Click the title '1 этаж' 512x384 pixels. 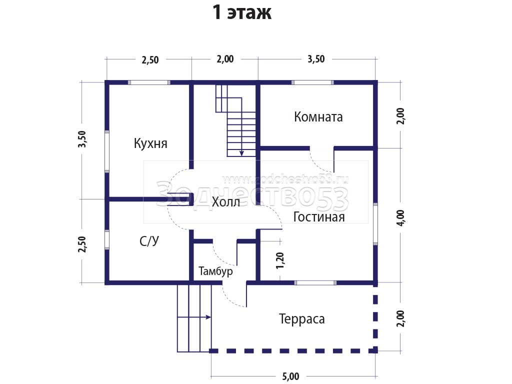point(242,12)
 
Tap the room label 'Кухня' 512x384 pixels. point(150,143)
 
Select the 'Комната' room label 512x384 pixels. point(318,117)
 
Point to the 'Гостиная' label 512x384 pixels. point(319,217)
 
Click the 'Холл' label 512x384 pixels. point(226,202)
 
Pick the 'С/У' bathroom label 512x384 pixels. point(149,241)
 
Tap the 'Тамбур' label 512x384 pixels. point(215,271)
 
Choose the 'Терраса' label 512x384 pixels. point(302,319)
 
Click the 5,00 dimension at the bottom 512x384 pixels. point(290,376)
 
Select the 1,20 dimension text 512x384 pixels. point(280,260)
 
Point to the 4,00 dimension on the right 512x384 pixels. point(400,217)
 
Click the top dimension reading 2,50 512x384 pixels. point(150,60)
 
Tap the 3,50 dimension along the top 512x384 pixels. point(316,59)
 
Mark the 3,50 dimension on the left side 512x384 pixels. point(82,139)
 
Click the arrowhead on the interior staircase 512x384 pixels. point(241,153)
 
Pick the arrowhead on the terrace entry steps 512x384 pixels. point(208,316)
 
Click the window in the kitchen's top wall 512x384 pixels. point(149,82)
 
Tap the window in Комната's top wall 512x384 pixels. point(312,82)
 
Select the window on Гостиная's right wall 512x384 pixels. point(375,224)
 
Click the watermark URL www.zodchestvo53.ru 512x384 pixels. point(285,179)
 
